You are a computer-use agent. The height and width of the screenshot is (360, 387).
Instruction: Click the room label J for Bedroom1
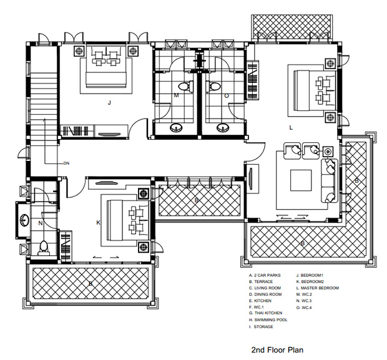click(109, 103)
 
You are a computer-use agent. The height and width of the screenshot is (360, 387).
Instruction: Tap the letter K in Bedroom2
click(98, 223)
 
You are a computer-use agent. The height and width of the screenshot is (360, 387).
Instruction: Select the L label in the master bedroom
click(291, 127)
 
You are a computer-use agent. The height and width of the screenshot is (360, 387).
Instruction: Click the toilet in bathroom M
click(186, 87)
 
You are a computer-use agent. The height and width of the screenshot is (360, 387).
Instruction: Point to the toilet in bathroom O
click(213, 87)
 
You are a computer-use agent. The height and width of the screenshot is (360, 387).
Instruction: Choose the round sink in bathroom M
click(176, 127)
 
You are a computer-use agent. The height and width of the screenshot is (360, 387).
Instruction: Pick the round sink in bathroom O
click(223, 127)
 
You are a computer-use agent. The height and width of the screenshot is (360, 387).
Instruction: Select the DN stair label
click(66, 163)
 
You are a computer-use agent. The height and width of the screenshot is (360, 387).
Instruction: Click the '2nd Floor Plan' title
click(277, 350)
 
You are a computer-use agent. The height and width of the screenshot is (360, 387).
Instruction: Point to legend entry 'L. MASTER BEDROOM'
click(317, 288)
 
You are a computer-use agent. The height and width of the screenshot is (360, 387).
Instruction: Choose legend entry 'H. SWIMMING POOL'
click(268, 320)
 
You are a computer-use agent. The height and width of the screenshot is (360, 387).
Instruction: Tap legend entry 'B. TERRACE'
click(261, 281)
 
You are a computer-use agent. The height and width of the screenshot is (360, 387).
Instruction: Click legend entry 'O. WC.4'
click(304, 308)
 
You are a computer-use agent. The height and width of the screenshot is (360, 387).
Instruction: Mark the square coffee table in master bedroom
click(301, 180)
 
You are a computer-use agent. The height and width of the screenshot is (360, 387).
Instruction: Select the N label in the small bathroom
click(41, 223)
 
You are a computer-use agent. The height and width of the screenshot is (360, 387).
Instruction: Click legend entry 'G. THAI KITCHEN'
click(265, 313)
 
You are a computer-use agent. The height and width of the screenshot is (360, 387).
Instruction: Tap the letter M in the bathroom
click(176, 95)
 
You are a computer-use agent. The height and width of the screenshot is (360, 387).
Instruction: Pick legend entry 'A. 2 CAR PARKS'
click(265, 275)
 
